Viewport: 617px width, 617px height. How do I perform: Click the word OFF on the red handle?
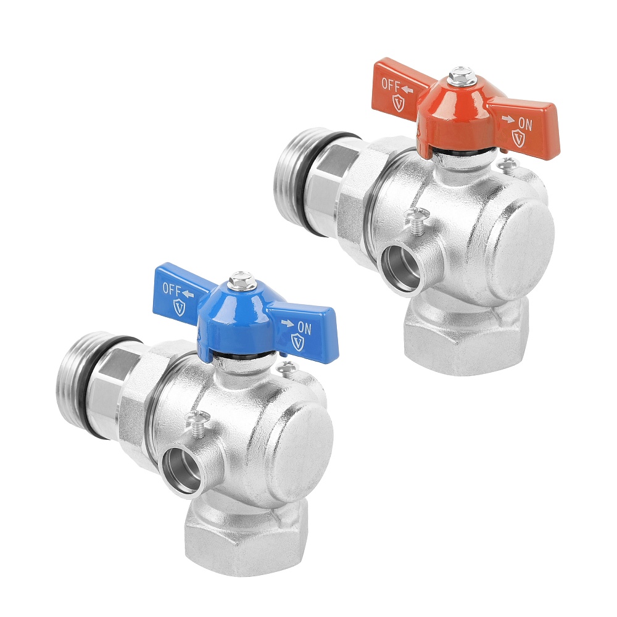tap(391, 85)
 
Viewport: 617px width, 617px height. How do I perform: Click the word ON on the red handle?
tap(525, 125)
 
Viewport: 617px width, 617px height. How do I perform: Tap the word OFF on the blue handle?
tap(172, 289)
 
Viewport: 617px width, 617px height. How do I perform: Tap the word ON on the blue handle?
tap(304, 328)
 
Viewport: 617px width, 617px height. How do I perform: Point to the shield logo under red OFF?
tap(399, 102)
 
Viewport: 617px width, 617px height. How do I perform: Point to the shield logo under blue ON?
tap(297, 342)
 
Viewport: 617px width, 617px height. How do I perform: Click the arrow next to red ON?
tap(508, 119)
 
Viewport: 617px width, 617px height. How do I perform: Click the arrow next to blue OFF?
tap(188, 294)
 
